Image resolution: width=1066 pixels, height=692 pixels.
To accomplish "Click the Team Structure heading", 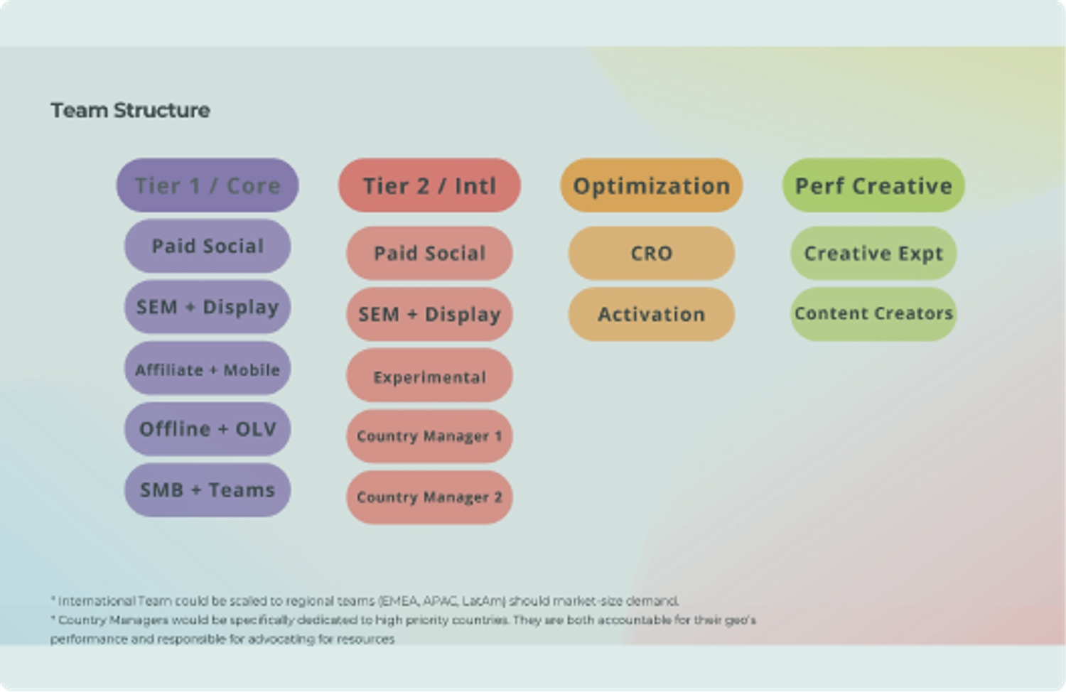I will coord(130,111).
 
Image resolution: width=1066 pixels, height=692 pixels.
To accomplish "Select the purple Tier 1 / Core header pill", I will coord(208,185).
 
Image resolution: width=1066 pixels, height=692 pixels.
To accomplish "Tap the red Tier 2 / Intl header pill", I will coord(429,185).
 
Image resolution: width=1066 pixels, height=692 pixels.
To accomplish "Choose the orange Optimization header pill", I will coord(652,185).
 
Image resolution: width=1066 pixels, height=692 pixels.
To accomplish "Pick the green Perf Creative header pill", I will coord(873,185).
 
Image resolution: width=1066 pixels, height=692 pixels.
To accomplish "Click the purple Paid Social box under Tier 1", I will coord(208,246).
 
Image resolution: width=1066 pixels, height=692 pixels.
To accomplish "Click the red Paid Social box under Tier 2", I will coord(429,253).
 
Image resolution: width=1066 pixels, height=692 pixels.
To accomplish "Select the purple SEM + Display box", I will coord(208,307).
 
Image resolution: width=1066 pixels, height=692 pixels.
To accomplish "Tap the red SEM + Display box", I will coord(429,314).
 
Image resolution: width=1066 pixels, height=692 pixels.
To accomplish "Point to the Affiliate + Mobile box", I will coord(208,369).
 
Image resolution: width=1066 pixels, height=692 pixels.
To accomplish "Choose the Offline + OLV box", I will coord(208,429).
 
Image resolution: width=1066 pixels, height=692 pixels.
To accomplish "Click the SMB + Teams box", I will coord(208,490).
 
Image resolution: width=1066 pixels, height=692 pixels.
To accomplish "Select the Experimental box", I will coord(429,376).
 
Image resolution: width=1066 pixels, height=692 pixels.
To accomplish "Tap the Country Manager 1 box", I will coord(429,436).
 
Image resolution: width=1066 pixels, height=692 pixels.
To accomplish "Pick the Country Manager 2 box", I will coord(429,497).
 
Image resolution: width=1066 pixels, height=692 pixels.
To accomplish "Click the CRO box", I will coord(652,253).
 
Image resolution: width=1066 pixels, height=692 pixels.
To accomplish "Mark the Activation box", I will coord(652,314).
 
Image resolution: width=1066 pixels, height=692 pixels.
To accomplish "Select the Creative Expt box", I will coord(873,253).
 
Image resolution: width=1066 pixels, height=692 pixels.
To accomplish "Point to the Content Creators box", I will coord(873,314).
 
